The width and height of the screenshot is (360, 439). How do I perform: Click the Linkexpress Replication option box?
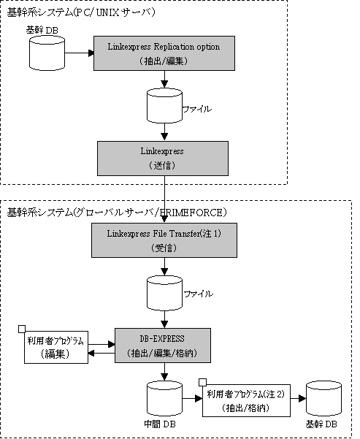click(164, 53)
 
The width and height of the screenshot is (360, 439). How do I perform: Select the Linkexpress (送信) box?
click(163, 159)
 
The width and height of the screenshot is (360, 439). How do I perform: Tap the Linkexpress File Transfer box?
click(164, 240)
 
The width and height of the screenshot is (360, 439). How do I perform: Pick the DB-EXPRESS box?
click(163, 346)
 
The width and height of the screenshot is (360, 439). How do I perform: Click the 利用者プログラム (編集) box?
click(56, 347)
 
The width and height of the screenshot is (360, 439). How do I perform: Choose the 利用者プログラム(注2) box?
click(246, 400)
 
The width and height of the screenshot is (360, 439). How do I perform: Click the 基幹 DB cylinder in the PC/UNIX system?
click(47, 53)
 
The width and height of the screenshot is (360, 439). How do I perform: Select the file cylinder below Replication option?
click(164, 106)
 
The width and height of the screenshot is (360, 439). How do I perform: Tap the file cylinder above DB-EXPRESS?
click(164, 293)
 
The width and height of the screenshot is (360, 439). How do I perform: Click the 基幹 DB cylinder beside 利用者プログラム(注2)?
click(324, 398)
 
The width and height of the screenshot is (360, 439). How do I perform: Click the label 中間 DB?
click(160, 424)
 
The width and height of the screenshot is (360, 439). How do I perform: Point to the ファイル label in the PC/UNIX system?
click(197, 109)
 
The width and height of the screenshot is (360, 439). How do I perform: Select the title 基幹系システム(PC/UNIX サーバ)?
click(80, 12)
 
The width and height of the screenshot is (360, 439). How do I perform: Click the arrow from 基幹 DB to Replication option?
click(79, 53)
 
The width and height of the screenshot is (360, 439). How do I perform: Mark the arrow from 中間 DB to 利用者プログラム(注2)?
click(192, 398)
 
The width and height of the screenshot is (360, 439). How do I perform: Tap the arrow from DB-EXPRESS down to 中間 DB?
click(164, 372)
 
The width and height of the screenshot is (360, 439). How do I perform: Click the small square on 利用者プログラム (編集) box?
click(22, 329)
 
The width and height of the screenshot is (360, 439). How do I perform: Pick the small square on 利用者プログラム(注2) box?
click(202, 383)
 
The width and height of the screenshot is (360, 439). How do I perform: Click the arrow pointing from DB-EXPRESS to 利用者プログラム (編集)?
click(102, 353)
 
